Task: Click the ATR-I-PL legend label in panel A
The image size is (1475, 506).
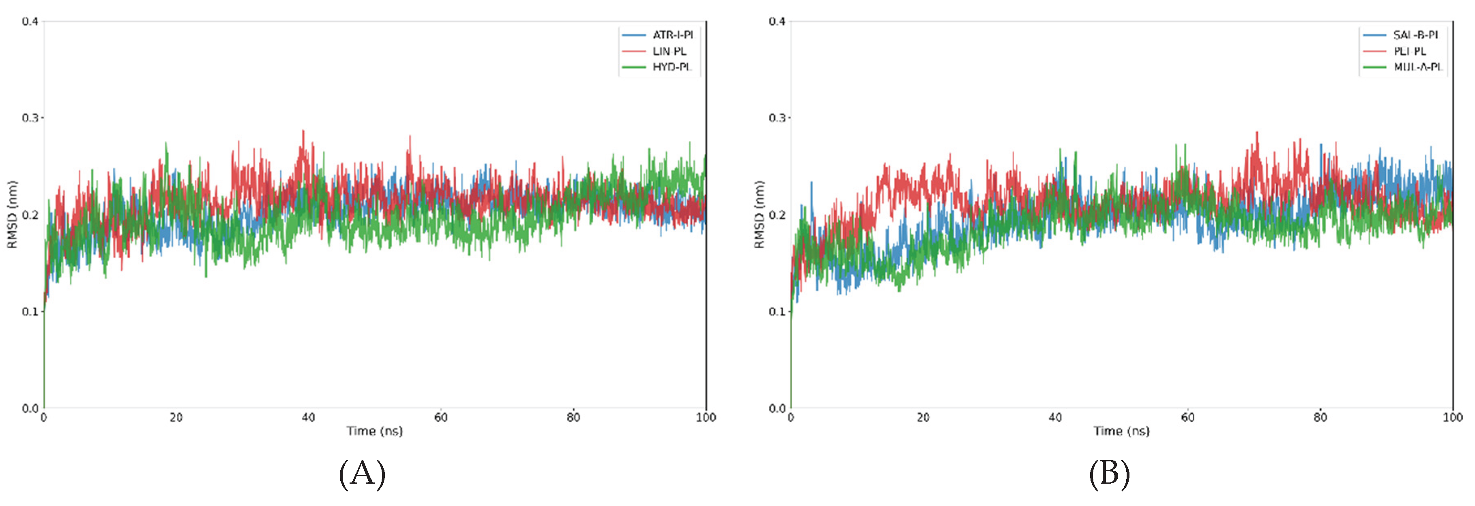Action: point(673,35)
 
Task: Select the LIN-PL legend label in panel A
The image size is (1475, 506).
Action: point(669,51)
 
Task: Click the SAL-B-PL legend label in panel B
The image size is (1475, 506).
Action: point(1415,35)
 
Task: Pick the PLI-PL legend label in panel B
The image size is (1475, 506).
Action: point(1410,51)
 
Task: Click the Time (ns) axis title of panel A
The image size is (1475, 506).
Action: point(374,431)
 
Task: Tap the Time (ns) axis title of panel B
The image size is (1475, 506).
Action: point(1121,431)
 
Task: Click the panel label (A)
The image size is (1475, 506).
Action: point(362,474)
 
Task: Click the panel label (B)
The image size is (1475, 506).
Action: point(1109,474)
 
